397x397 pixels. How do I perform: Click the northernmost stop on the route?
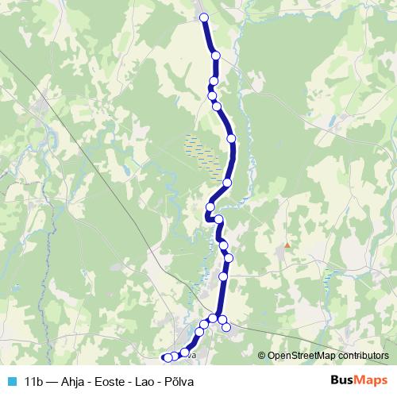click(x=203, y=17)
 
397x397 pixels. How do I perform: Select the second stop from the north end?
click(x=216, y=55)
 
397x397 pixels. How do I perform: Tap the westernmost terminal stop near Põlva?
click(x=167, y=358)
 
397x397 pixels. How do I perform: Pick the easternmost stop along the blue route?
click(x=232, y=138)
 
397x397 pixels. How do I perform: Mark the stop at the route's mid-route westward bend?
click(x=210, y=207)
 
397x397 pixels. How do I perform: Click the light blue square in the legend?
click(x=10, y=382)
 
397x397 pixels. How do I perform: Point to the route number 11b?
click(x=33, y=382)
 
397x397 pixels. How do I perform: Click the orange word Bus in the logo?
click(x=342, y=381)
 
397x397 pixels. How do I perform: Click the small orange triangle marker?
click(x=287, y=245)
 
